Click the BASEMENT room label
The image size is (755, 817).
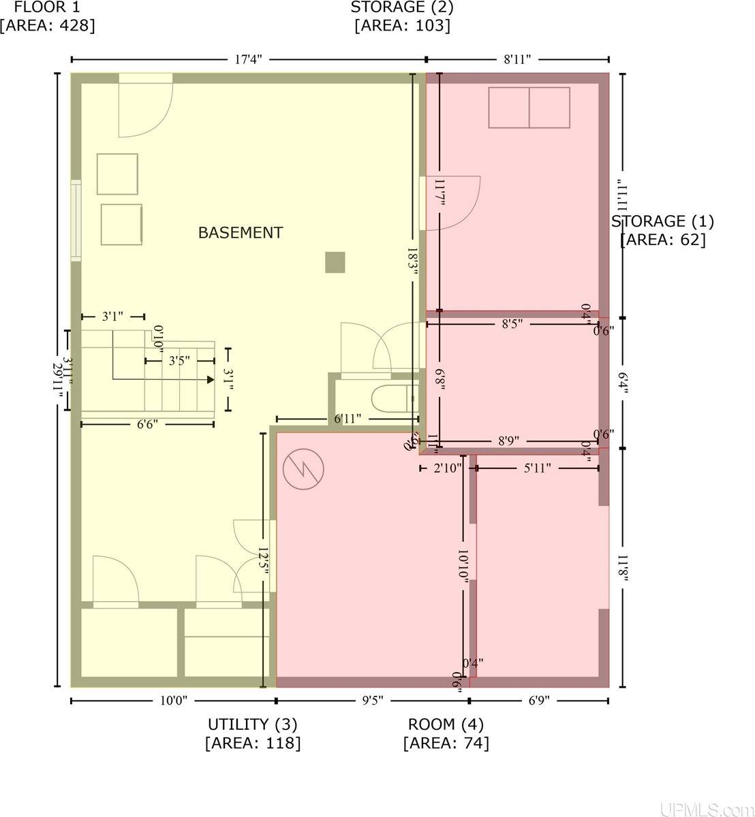240,233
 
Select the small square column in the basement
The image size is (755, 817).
335,262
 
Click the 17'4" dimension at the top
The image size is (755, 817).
248,59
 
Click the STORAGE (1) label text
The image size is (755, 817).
662,221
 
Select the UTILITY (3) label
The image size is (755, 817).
252,724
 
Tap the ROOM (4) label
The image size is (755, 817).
446,724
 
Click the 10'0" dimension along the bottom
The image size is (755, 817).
173,700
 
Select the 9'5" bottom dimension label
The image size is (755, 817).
372,700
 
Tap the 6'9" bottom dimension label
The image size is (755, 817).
538,700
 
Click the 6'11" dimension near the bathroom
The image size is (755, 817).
348,419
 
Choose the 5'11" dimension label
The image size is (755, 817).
537,468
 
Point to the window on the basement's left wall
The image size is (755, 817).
76,221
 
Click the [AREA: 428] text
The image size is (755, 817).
47,26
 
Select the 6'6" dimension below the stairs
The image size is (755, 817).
147,424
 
